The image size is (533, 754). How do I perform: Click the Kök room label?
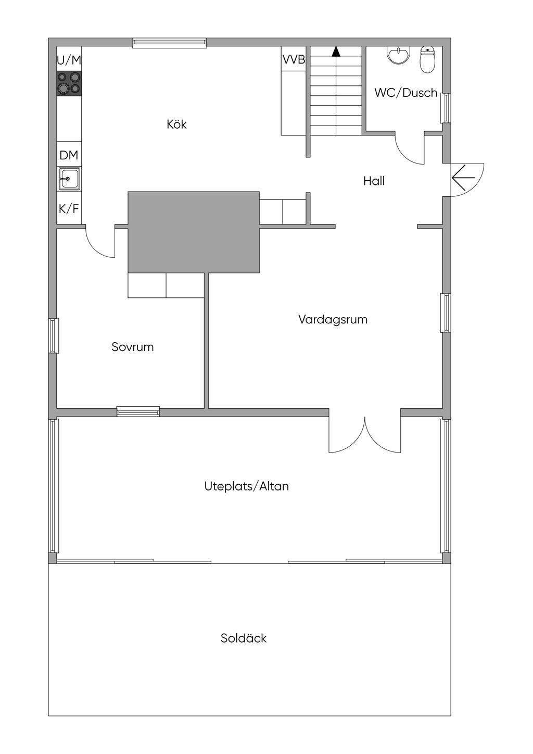pyautogui.click(x=176, y=124)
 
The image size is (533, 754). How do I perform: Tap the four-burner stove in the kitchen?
pyautogui.click(x=69, y=83)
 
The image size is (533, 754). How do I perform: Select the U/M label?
pyautogui.click(x=69, y=60)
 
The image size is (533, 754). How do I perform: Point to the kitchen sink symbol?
pyautogui.click(x=69, y=179)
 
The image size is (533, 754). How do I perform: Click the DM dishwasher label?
pyautogui.click(x=69, y=155)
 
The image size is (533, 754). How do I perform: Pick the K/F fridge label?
pyautogui.click(x=69, y=209)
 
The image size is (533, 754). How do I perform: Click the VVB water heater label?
pyautogui.click(x=294, y=60)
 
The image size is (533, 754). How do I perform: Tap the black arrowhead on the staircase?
pyautogui.click(x=336, y=52)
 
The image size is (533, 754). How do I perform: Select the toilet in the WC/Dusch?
pyautogui.click(x=427, y=60)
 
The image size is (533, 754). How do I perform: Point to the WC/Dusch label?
pyautogui.click(x=405, y=93)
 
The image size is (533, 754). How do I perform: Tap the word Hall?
pyautogui.click(x=374, y=181)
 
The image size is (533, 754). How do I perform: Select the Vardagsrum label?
pyautogui.click(x=333, y=320)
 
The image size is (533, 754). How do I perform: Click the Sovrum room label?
pyautogui.click(x=132, y=347)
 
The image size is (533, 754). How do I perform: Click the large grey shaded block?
pyautogui.click(x=193, y=232)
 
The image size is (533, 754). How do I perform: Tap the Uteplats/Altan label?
pyautogui.click(x=246, y=486)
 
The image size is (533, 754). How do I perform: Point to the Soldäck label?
pyautogui.click(x=243, y=638)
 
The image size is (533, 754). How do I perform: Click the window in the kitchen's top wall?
pyautogui.click(x=169, y=43)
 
